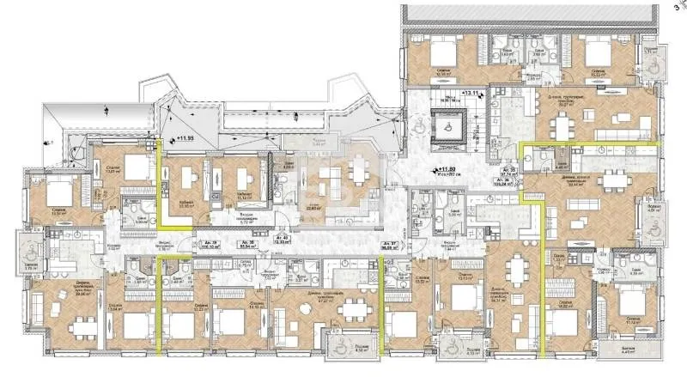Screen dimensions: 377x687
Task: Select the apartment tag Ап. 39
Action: point(209,243)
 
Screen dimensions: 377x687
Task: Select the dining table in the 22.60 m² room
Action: point(327,179)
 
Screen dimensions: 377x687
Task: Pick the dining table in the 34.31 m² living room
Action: point(514,274)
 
